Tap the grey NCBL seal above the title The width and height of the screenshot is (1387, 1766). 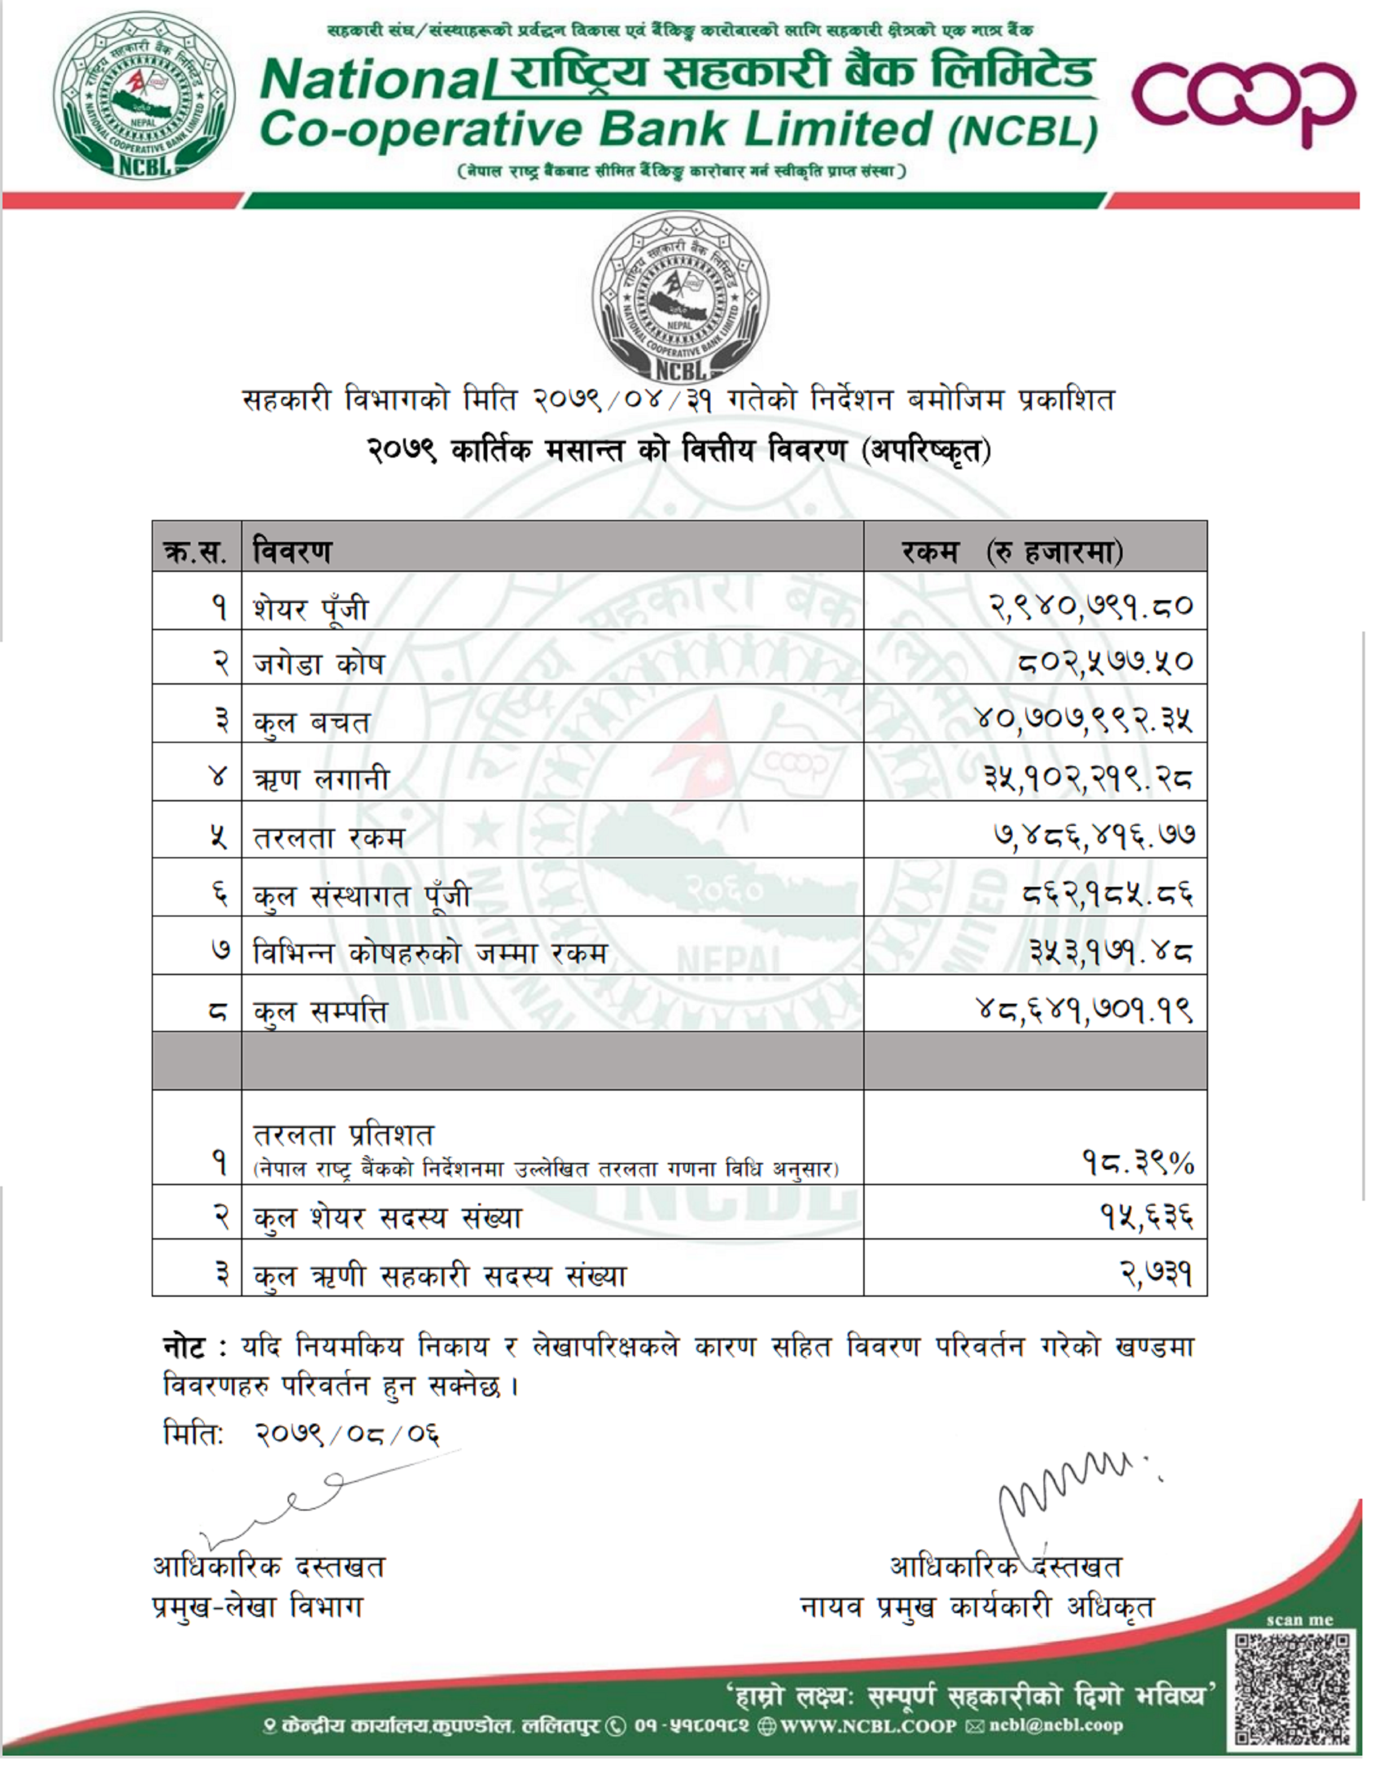coord(680,296)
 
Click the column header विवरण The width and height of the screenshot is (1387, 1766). coord(292,552)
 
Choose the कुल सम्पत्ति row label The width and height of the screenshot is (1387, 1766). coord(321,1011)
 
